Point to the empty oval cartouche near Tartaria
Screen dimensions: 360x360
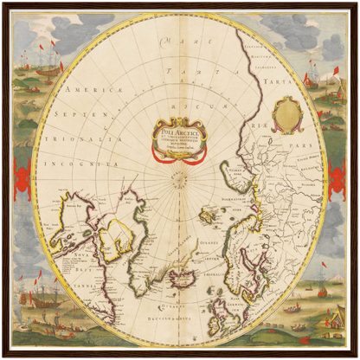pyautogui.click(x=287, y=113)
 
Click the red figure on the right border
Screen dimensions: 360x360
pyautogui.click(x=337, y=180)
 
